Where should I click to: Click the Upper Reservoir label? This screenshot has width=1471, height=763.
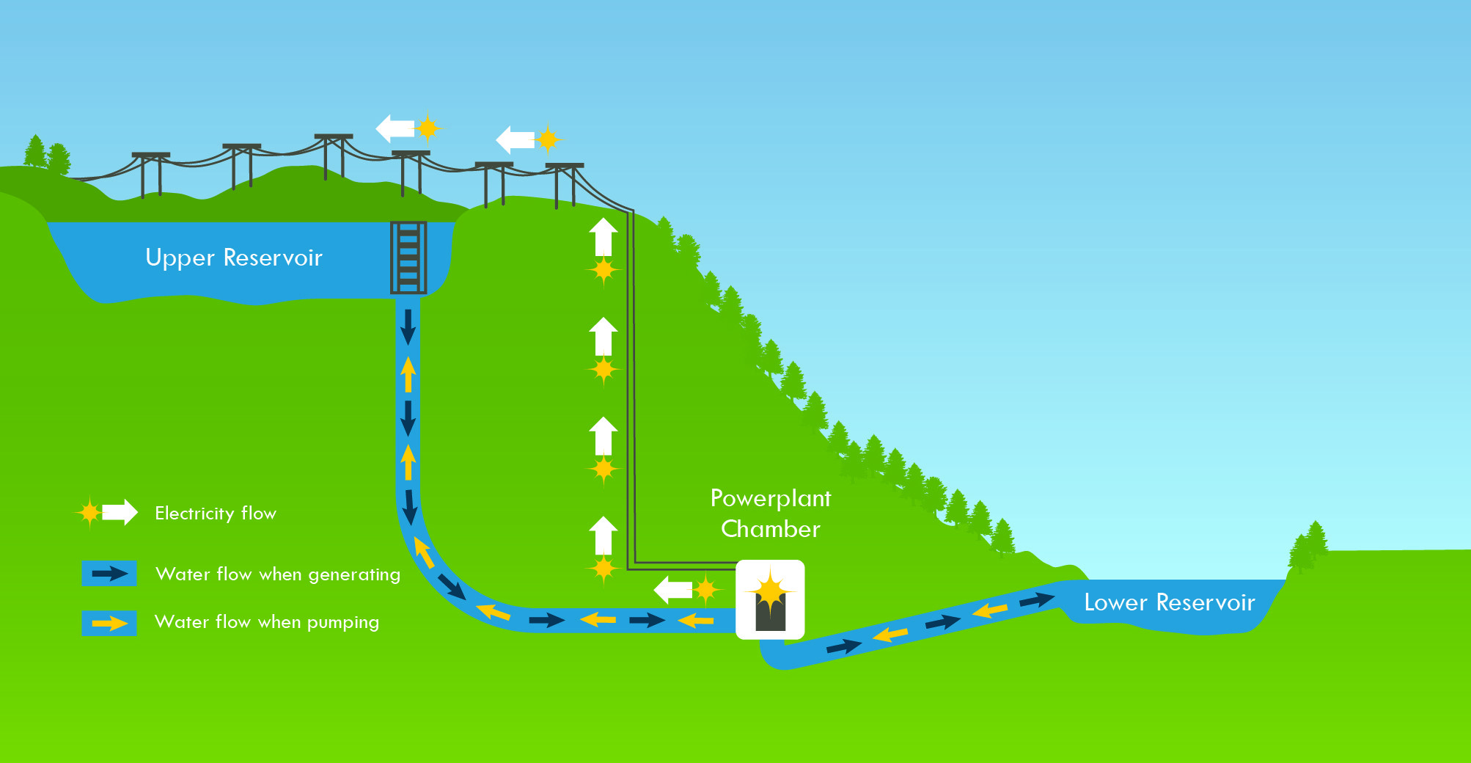[234, 258]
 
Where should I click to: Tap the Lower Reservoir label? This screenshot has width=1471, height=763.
[1169, 602]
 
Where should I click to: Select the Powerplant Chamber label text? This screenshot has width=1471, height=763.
[771, 514]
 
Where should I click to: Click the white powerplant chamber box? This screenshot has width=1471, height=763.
[770, 599]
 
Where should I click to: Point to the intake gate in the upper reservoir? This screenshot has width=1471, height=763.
[408, 258]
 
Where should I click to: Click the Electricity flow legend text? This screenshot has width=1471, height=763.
[216, 513]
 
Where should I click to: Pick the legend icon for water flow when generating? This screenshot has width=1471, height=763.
[109, 574]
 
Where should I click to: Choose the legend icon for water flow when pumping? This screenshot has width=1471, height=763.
[109, 623]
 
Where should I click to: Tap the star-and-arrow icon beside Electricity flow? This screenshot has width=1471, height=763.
[107, 512]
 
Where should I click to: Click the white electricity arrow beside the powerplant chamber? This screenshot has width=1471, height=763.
[673, 589]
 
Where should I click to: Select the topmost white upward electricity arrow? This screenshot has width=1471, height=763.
[604, 236]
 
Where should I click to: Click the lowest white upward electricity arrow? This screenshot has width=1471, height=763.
[604, 535]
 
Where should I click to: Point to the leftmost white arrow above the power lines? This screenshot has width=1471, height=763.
[395, 128]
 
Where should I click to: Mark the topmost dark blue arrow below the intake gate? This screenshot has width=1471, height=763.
[408, 326]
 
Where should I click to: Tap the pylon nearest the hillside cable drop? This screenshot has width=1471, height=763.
[565, 183]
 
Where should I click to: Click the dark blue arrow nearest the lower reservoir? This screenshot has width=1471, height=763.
[1037, 600]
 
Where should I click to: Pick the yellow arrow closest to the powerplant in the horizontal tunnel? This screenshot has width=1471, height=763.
[696, 621]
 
